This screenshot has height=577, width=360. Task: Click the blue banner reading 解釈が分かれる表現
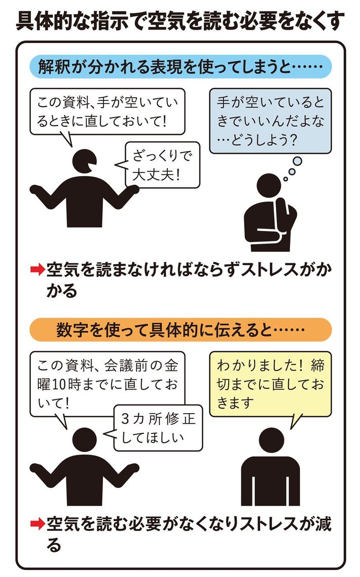click(180, 66)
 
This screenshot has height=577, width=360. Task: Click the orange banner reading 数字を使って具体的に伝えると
click(180, 330)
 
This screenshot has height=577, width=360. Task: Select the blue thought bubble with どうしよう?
click(270, 121)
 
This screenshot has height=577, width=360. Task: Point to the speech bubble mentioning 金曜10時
click(107, 384)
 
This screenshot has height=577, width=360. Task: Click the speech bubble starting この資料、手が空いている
click(107, 112)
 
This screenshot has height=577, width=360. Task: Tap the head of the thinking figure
click(269, 185)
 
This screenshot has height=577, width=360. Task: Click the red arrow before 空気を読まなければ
click(38, 270)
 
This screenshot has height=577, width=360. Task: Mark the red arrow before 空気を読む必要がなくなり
click(38, 524)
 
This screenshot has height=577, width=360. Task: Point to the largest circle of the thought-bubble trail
click(297, 161)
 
